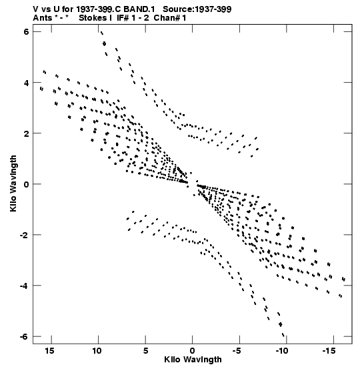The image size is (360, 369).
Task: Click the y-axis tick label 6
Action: click(x=26, y=31)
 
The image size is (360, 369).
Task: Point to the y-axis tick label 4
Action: click(x=26, y=83)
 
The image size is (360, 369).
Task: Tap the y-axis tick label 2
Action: click(x=26, y=133)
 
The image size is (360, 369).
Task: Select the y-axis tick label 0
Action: click(x=26, y=184)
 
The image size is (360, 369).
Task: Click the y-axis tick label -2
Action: click(x=24, y=235)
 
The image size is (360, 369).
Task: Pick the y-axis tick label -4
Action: click(x=24, y=286)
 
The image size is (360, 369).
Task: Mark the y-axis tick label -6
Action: click(x=24, y=337)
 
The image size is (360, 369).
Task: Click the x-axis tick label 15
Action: click(x=49, y=351)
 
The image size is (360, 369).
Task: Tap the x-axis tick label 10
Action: click(x=97, y=351)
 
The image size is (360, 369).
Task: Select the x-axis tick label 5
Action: click(x=145, y=351)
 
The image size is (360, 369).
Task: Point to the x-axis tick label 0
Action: click(x=193, y=351)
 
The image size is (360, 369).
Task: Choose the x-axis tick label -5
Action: click(x=237, y=351)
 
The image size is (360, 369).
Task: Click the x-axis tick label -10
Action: click(x=282, y=351)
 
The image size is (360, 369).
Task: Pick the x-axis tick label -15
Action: click(x=329, y=351)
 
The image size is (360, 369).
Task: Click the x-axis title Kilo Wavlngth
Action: click(x=193, y=360)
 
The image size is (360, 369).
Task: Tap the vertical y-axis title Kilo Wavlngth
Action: click(x=13, y=183)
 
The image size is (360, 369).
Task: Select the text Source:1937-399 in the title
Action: click(x=197, y=9)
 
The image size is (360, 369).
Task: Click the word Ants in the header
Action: click(x=42, y=18)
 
